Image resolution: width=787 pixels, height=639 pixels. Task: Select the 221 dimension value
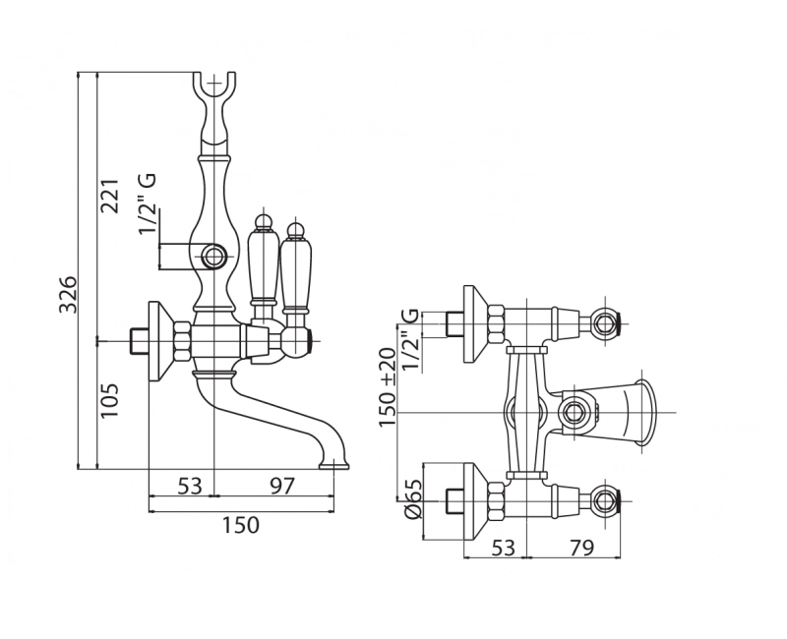tap(109, 194)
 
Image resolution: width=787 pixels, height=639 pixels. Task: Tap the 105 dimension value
tap(109, 400)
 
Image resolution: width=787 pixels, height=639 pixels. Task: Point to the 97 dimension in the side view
tap(281, 486)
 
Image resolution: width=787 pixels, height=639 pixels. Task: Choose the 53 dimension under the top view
tap(503, 548)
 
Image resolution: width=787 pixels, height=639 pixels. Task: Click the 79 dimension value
tap(580, 548)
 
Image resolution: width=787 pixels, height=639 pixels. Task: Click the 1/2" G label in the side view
tap(148, 204)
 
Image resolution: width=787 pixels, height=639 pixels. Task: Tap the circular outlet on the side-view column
tap(213, 259)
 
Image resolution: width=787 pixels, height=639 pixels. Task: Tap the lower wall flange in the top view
tap(474, 502)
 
